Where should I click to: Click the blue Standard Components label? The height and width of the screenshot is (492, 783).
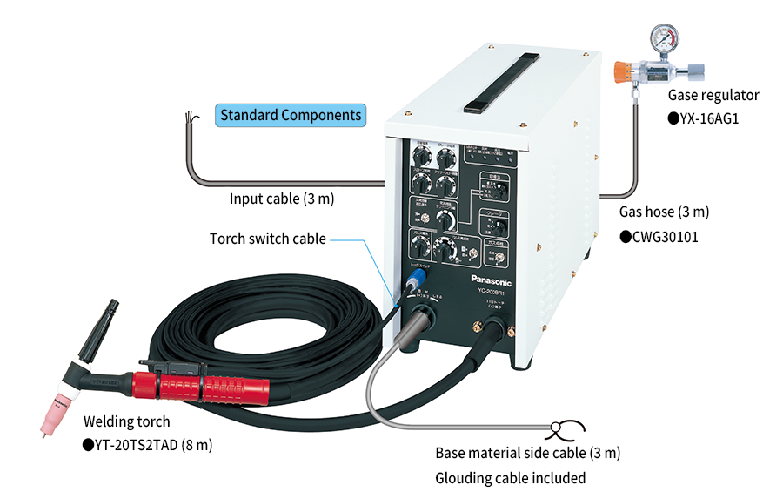tap(291, 115)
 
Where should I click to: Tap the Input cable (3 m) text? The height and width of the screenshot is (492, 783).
tap(282, 199)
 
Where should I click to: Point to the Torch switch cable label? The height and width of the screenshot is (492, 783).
tap(268, 239)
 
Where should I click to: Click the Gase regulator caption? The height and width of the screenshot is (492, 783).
tap(713, 95)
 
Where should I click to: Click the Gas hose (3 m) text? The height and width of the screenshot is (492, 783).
tap(664, 212)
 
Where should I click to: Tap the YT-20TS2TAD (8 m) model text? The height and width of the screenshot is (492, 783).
tap(147, 444)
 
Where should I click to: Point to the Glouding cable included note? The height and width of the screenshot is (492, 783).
tap(510, 477)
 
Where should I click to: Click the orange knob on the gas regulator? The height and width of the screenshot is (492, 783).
tap(622, 71)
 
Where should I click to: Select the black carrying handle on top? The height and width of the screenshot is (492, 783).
tap(483, 82)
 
